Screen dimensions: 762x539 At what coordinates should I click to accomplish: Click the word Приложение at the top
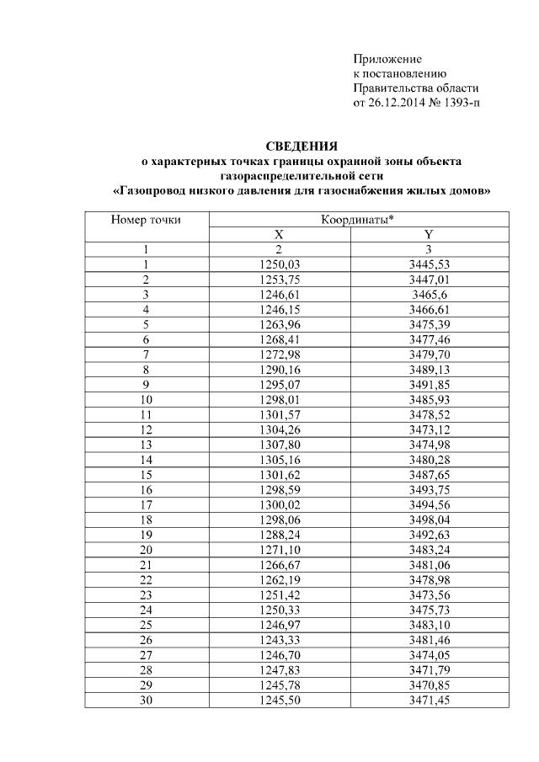pyautogui.click(x=387, y=59)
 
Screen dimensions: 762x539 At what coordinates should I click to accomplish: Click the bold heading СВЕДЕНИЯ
pyautogui.click(x=302, y=146)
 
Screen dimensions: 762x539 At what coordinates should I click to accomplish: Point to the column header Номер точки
pyautogui.click(x=146, y=220)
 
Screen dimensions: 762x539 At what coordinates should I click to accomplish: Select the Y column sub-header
pyautogui.click(x=429, y=235)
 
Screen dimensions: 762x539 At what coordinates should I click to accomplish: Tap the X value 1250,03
pyautogui.click(x=279, y=264)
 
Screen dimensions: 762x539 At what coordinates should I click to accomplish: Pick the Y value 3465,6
pyautogui.click(x=429, y=295)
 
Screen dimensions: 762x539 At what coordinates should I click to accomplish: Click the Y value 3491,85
pyautogui.click(x=429, y=384)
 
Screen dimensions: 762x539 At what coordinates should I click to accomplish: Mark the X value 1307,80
pyautogui.click(x=279, y=444)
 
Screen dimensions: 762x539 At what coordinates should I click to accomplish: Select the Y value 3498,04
pyautogui.click(x=429, y=518)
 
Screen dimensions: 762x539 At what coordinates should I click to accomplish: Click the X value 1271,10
pyautogui.click(x=279, y=548)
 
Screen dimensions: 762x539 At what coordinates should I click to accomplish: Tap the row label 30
pyautogui.click(x=146, y=697)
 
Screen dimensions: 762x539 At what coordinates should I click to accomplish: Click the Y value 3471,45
pyautogui.click(x=429, y=697)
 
